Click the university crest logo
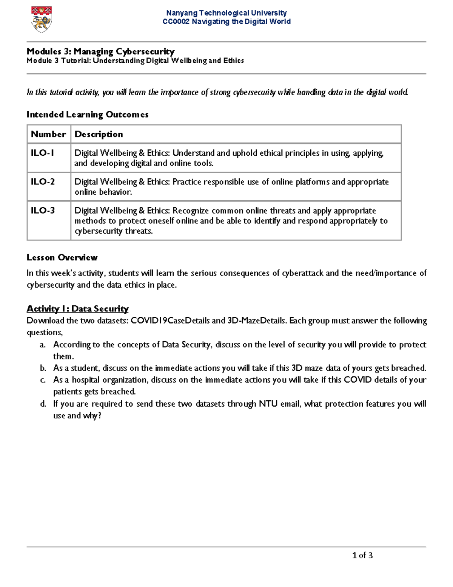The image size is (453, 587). pyautogui.click(x=41, y=19)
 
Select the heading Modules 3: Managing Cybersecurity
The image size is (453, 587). pyautogui.click(x=100, y=51)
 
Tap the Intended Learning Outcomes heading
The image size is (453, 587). pyautogui.click(x=87, y=115)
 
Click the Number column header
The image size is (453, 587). pyautogui.click(x=48, y=134)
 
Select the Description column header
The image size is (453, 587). pyautogui.click(x=99, y=134)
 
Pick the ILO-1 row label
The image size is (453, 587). pyautogui.click(x=42, y=153)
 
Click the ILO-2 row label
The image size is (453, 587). pyautogui.click(x=43, y=182)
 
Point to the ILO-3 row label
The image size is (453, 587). pyautogui.click(x=43, y=211)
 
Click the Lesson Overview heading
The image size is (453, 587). pyautogui.click(x=62, y=258)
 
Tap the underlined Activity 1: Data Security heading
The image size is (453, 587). pyautogui.click(x=77, y=309)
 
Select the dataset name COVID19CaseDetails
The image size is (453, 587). pyautogui.click(x=170, y=321)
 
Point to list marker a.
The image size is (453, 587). pyautogui.click(x=43, y=345)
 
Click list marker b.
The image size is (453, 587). pyautogui.click(x=43, y=368)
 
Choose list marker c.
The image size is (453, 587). pyautogui.click(x=43, y=380)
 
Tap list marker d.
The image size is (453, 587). pyautogui.click(x=43, y=404)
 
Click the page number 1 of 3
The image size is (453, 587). pyautogui.click(x=362, y=555)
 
